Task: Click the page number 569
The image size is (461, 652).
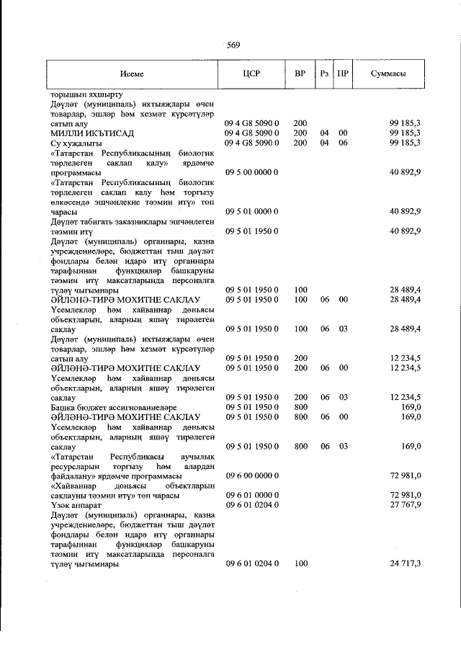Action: [233, 45]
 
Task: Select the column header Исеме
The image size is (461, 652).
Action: [132, 73]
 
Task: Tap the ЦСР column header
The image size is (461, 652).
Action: [251, 73]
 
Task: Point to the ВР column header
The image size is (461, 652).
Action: [300, 73]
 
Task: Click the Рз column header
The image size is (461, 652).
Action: [325, 73]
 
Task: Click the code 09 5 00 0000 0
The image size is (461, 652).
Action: [251, 173]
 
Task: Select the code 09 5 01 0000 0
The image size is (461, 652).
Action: [251, 211]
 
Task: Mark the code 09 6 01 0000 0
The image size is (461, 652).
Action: [251, 495]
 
